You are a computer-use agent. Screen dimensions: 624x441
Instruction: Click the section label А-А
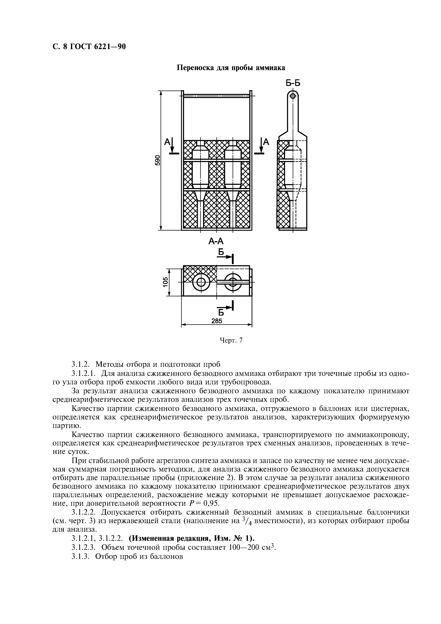[216, 241]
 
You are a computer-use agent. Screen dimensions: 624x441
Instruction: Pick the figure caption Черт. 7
[231, 340]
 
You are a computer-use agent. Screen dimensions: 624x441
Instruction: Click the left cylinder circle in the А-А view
[201, 283]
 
